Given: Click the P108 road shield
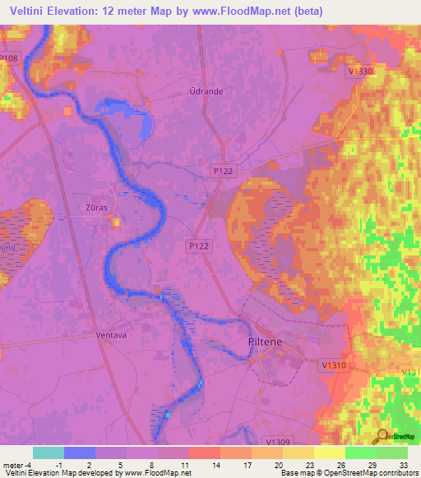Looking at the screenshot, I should tap(9, 58).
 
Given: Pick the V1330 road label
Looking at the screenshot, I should tap(360, 71).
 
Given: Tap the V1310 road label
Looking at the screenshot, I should tap(335, 364).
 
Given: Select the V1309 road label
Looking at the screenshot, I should tap(280, 441).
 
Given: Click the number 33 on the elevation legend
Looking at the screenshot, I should tap(401, 464).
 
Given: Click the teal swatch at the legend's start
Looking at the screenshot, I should tap(49, 453).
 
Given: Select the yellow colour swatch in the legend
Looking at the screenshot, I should tap(329, 453).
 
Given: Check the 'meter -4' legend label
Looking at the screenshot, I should tap(16, 464).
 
